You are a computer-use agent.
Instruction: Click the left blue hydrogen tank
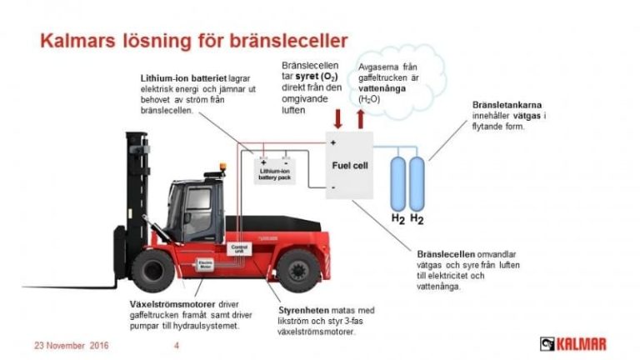click(x=398, y=179)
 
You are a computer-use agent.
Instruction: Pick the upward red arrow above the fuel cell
click(x=361, y=117)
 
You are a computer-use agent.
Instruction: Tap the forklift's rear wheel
click(x=298, y=268)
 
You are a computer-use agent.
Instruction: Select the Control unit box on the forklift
click(x=238, y=247)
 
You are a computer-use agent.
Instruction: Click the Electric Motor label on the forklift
click(x=205, y=264)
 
